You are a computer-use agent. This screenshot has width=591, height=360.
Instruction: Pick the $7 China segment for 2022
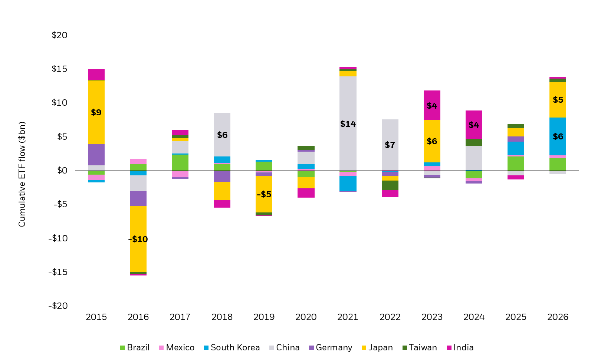[390, 133]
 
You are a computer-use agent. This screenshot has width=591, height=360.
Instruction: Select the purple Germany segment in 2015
[96, 154]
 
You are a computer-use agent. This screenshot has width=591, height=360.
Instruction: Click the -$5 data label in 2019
[264, 194]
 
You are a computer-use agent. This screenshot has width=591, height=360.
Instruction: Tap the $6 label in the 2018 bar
[222, 135]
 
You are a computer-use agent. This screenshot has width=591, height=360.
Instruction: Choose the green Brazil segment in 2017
[180, 162]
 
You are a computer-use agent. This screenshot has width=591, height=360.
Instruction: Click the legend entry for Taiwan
[420, 348]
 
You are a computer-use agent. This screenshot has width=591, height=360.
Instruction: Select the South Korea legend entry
[232, 348]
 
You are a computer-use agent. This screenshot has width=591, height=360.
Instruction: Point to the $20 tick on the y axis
[59, 35]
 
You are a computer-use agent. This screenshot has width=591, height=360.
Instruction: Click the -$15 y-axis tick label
[58, 272]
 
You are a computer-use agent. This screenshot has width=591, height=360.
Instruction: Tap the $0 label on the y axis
[62, 171]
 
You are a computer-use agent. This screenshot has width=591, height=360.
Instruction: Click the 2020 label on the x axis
[306, 317]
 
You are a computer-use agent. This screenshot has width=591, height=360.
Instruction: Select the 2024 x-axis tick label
[474, 317]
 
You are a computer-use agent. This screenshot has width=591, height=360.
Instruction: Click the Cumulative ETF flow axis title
[22, 174]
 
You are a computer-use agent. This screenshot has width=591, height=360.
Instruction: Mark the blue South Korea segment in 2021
[348, 183]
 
